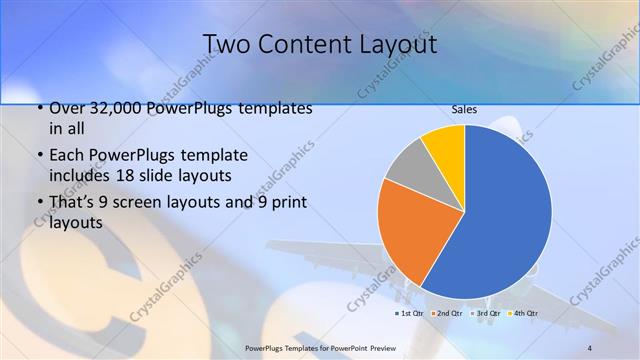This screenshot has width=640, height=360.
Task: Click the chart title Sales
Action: [464, 109]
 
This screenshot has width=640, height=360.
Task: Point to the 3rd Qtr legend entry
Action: [488, 313]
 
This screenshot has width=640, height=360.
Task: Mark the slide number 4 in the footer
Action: [590, 347]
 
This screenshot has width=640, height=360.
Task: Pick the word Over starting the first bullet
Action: [67, 108]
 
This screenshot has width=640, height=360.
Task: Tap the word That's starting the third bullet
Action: [73, 203]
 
